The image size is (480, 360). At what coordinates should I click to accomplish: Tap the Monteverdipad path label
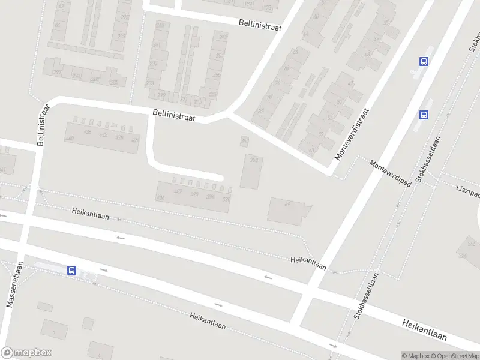coord(391,173)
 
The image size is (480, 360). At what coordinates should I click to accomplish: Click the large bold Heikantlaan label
coord(424,330)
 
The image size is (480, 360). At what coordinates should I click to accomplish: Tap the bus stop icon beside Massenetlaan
coord(72,271)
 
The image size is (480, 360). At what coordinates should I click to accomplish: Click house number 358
coord(254,160)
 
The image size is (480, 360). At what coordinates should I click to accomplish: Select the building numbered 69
coord(287,205)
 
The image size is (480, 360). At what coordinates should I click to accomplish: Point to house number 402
coord(178,191)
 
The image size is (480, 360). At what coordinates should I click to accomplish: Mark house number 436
coord(88,132)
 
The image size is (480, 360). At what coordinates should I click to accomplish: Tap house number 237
coord(154,64)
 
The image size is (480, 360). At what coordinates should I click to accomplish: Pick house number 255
coord(217,75)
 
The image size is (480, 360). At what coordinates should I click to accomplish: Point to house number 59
coord(320,134)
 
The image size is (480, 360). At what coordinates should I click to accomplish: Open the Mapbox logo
coord(26,353)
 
